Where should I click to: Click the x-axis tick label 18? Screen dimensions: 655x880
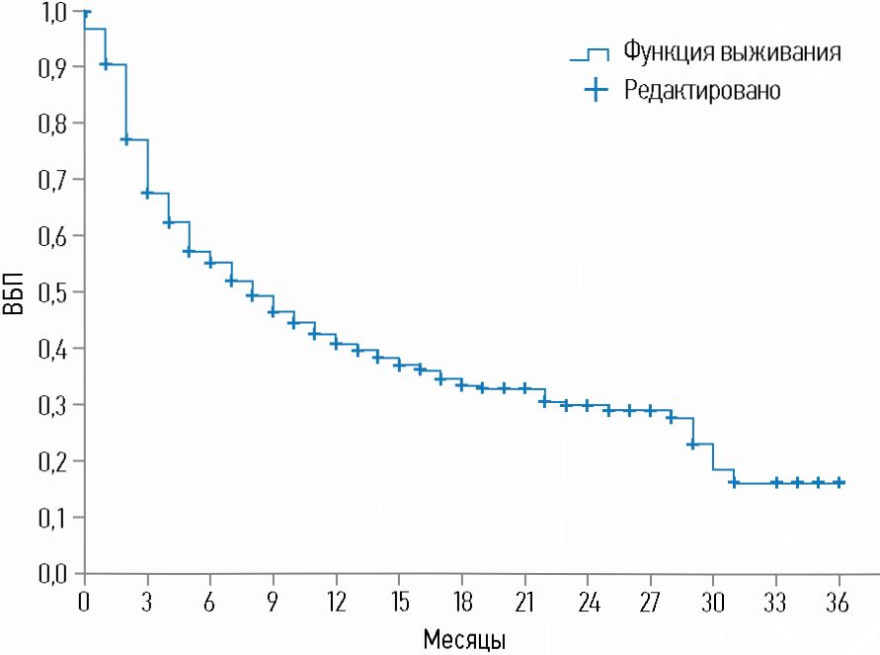coord(461,602)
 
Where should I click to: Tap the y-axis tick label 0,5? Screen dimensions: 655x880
coord(56,292)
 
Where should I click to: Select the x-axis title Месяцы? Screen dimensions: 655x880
coord(465,639)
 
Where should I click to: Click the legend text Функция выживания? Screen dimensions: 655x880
coord(732,51)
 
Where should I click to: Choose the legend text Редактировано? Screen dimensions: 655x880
coord(702,90)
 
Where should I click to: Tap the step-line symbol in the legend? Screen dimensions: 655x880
coord(591,53)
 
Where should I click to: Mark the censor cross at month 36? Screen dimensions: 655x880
coord(840,482)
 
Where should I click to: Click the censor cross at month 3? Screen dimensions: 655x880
coord(147,193)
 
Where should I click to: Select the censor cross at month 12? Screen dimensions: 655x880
coord(336,344)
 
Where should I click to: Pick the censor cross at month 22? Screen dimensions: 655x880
coord(545,401)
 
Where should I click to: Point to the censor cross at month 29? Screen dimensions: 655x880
coord(692,445)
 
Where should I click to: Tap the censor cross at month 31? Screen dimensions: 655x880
coord(734,482)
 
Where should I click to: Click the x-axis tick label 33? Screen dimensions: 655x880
coord(776,602)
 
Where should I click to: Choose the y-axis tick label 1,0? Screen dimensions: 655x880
coord(56,12)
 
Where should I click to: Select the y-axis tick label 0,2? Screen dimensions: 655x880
coord(56,461)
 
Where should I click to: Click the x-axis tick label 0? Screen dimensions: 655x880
coord(84,602)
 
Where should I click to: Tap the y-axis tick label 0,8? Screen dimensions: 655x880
coord(56,124)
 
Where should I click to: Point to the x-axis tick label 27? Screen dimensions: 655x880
coord(650,602)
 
